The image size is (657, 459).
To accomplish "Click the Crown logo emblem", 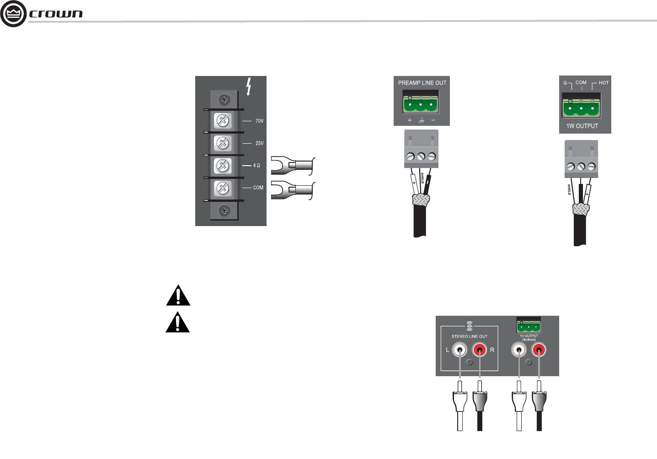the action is (x=13, y=14).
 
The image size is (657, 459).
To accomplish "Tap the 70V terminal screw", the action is (x=223, y=121).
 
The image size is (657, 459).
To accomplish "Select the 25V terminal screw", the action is (x=223, y=144).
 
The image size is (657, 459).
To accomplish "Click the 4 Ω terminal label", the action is (x=256, y=165).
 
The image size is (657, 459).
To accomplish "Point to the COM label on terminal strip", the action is (x=258, y=188).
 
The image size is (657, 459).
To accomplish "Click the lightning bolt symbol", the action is (x=249, y=86).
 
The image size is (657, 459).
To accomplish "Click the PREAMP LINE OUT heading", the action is (x=422, y=83).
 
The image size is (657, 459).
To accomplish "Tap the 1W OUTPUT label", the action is (x=582, y=126).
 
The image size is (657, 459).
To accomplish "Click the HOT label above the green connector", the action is (x=604, y=83).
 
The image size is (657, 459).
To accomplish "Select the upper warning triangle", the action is (x=178, y=296).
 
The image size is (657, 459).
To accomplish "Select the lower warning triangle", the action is (x=178, y=322).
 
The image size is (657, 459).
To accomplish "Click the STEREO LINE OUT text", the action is (x=470, y=336).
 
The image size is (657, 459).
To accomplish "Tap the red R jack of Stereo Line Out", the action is (x=479, y=350).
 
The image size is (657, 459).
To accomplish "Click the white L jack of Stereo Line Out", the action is (x=459, y=350).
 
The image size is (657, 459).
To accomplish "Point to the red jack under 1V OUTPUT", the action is (x=539, y=350).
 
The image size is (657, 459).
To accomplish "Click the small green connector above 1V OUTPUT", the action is (x=529, y=327).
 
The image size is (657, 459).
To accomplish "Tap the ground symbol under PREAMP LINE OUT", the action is (x=421, y=121).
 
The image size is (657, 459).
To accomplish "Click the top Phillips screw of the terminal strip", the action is (x=224, y=99).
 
